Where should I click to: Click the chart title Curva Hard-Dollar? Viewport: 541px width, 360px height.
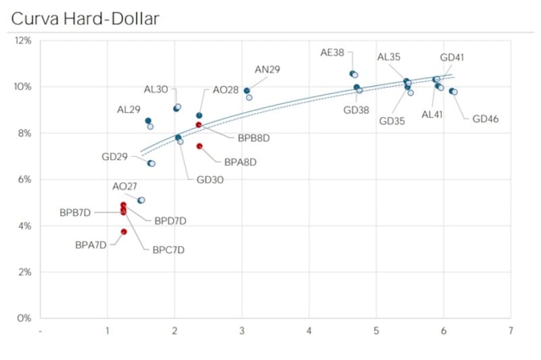click(85, 18)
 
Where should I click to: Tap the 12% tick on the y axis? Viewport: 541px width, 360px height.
click(23, 41)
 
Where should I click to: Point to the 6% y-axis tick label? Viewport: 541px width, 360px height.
click(24, 179)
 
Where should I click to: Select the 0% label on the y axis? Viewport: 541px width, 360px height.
click(24, 317)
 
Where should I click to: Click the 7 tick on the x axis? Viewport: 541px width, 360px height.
click(510, 330)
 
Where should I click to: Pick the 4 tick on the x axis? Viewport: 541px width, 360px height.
click(308, 330)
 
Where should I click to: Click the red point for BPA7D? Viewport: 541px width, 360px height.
click(124, 231)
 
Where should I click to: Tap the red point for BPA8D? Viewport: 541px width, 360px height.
click(199, 146)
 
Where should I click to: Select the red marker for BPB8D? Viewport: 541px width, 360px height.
click(199, 125)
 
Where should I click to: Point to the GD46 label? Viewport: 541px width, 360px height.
click(486, 119)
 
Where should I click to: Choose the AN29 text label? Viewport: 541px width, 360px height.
click(267, 69)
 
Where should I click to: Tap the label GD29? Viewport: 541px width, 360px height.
click(115, 156)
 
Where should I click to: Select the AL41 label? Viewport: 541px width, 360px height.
click(432, 114)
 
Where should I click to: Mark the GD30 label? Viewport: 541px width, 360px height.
click(210, 179)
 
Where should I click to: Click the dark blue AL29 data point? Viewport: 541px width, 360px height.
click(148, 121)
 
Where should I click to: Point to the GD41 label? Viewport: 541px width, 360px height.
click(452, 58)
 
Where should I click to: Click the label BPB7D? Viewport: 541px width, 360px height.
click(76, 212)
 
